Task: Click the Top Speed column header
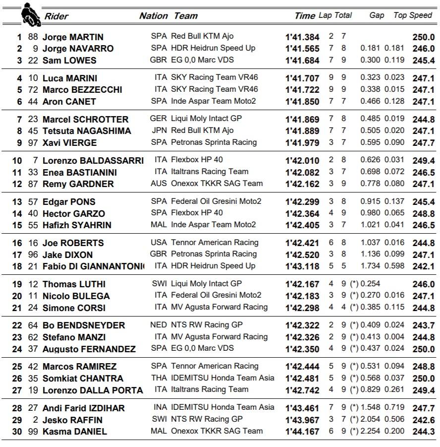[413, 15]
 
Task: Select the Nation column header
[153, 16]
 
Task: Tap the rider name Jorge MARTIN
[73, 37]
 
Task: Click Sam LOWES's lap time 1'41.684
[302, 61]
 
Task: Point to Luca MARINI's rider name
[70, 78]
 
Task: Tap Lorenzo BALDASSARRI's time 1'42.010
[302, 161]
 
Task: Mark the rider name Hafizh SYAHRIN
[77, 225]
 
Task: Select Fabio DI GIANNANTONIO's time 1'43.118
[302, 266]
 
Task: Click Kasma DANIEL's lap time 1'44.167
[302, 432]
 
